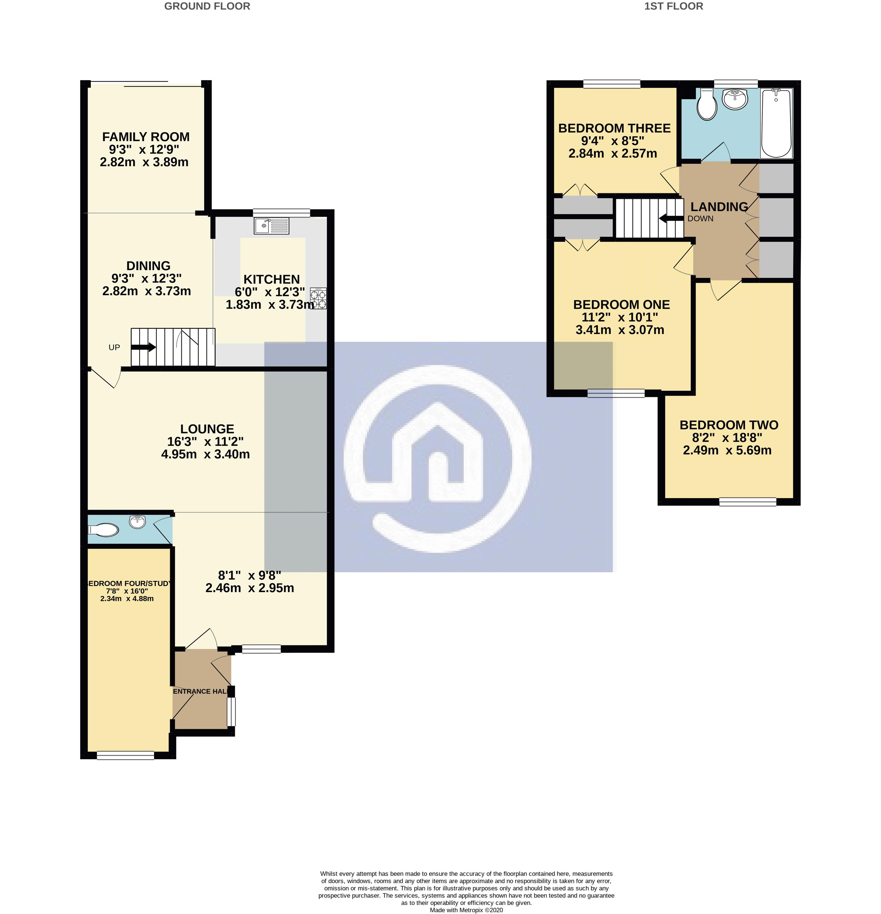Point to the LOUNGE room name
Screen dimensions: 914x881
click(207, 429)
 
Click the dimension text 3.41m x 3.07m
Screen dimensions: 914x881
click(620, 330)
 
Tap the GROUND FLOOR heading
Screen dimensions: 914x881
click(207, 6)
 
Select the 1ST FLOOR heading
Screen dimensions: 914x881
click(674, 6)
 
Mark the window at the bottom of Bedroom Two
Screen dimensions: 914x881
click(747, 502)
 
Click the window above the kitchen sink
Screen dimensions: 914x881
click(281, 212)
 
